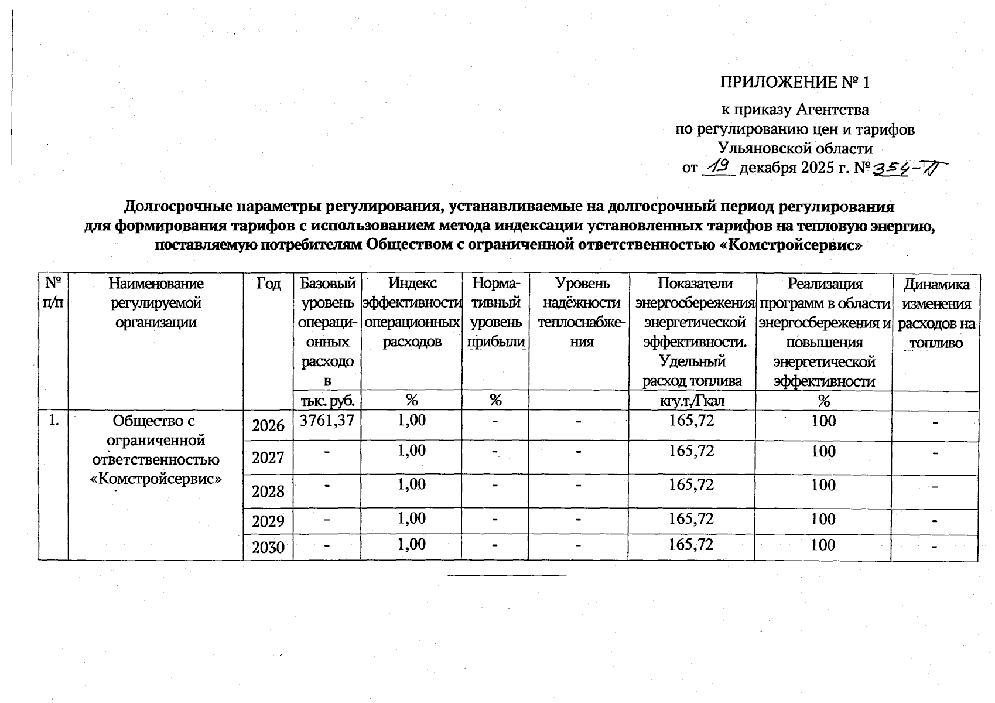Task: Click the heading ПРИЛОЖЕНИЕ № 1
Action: click(x=795, y=83)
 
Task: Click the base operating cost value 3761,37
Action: click(x=327, y=420)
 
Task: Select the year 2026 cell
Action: click(x=268, y=426)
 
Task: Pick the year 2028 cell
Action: click(x=268, y=491)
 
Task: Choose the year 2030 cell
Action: click(x=268, y=548)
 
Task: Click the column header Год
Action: click(x=268, y=284)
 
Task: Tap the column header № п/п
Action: click(x=53, y=294)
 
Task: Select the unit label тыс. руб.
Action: click(x=327, y=401)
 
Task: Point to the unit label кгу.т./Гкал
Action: click(x=692, y=401)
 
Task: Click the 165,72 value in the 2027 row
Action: click(x=692, y=451)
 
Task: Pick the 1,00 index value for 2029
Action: click(x=412, y=518)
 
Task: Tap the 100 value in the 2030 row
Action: click(x=823, y=545)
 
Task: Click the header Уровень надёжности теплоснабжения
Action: click(x=579, y=313)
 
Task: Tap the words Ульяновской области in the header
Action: click(x=795, y=148)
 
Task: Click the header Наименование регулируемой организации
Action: click(x=156, y=303)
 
